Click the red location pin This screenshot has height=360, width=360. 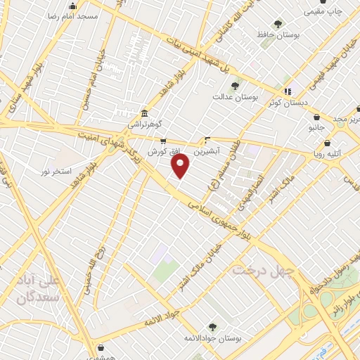181,166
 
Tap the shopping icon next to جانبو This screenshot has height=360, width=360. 317,117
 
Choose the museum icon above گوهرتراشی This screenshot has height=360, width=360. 144,113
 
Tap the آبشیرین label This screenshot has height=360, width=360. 209,150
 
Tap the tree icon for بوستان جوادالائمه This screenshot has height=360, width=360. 212,326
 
